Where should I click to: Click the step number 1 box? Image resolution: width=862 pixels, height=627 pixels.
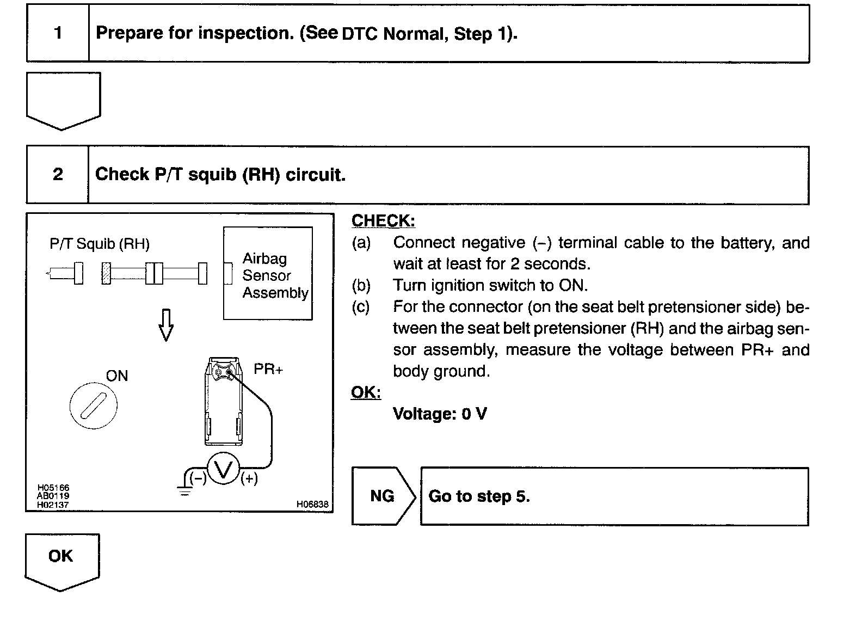click(x=58, y=33)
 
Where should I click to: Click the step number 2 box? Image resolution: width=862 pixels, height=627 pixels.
click(x=58, y=175)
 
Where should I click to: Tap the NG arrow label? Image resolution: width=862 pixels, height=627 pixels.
click(x=383, y=496)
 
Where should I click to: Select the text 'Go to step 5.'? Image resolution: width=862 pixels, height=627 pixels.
click(x=479, y=496)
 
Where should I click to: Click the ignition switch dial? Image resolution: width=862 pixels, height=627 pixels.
click(x=94, y=406)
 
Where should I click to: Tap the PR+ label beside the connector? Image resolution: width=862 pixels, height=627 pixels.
click(x=268, y=370)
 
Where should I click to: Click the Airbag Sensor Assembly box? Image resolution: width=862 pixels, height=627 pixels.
click(x=268, y=274)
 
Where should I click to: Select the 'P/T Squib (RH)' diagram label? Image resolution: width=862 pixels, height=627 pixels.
click(x=100, y=244)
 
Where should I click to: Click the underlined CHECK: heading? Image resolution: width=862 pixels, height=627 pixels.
click(x=383, y=221)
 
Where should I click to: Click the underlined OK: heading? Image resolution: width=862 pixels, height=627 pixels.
click(x=366, y=392)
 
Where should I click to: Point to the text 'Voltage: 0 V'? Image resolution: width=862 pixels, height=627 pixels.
click(x=440, y=414)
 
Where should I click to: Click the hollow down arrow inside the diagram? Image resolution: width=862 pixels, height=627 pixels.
click(x=166, y=325)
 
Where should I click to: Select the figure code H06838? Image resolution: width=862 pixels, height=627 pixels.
click(x=312, y=505)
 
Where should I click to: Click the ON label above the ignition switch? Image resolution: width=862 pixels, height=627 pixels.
click(x=117, y=376)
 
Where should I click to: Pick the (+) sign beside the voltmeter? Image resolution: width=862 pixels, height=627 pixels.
click(x=249, y=479)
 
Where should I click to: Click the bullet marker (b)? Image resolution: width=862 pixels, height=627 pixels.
click(x=361, y=286)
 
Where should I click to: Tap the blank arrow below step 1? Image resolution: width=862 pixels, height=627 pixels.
click(x=63, y=100)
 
